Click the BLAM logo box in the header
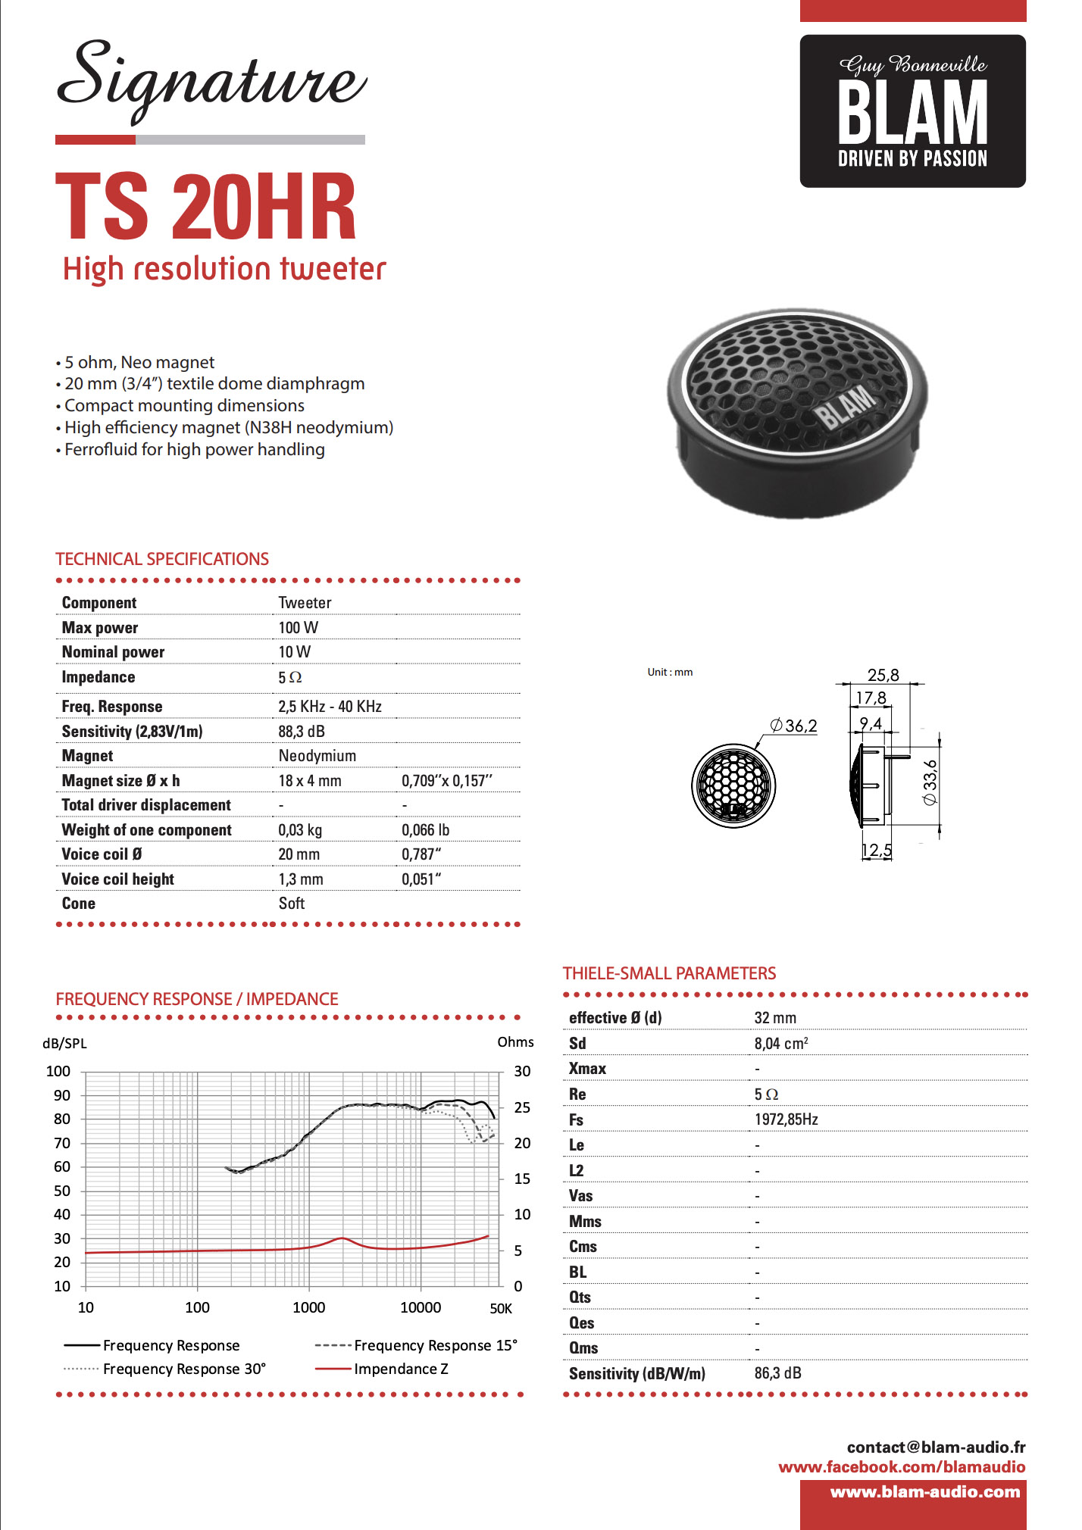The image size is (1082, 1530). pos(912,111)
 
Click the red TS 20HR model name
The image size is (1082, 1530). pos(206,206)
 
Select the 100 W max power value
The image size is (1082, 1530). pos(298,627)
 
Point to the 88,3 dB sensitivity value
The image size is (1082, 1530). pos(301,731)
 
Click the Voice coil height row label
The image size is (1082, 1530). pos(117,879)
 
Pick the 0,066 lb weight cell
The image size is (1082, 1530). pos(425,829)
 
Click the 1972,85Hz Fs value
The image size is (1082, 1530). pos(786,1119)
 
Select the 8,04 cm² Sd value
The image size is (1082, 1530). pos(780,1043)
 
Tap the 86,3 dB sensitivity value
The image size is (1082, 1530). pos(777,1372)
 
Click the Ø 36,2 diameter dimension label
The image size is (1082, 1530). pos(793,726)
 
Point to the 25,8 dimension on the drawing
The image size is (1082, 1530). pos(883,675)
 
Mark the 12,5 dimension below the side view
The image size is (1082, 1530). pos(876,850)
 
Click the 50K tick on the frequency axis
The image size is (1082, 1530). pos(501,1308)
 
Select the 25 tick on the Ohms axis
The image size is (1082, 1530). pos(522,1107)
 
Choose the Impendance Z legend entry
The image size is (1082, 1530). pos(400,1369)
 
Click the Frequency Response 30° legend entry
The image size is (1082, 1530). pos(184,1369)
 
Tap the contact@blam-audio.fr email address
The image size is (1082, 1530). pos(936,1447)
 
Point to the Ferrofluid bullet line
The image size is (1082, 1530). pos(194,449)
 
